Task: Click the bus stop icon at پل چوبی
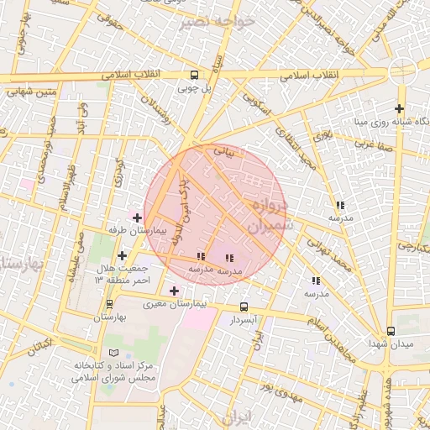pyautogui.click(x=194, y=74)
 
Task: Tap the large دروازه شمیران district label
pyautogui.click(x=270, y=215)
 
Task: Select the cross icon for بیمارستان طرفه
pyautogui.click(x=138, y=218)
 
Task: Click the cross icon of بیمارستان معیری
pyautogui.click(x=174, y=291)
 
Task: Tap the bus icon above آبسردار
pyautogui.click(x=244, y=307)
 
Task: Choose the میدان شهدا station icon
pyautogui.click(x=391, y=332)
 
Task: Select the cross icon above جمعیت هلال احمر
pyautogui.click(x=123, y=255)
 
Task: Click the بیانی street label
pyautogui.click(x=223, y=153)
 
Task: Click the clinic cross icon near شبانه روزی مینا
pyautogui.click(x=399, y=108)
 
